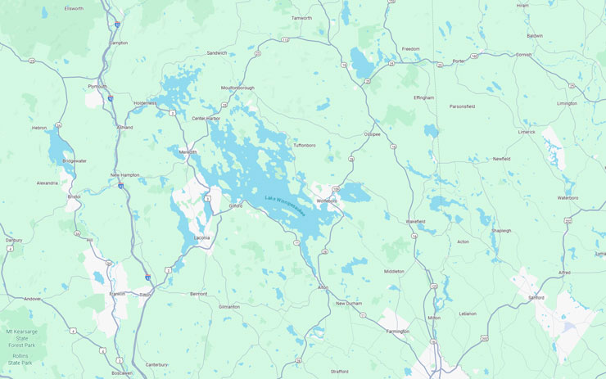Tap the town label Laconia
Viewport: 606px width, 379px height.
201,238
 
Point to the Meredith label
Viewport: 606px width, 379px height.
189,151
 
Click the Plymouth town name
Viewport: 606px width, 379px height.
97,86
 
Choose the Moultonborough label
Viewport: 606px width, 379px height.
238,88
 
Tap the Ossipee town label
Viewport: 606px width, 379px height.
373,134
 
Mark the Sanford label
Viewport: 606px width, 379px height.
536,297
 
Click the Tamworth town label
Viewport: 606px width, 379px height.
302,17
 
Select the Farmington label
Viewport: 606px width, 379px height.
398,332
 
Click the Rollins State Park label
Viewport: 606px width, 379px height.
19,359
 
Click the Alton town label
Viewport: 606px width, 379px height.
323,287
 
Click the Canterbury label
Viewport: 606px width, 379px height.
156,364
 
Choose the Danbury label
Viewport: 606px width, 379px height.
13,240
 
